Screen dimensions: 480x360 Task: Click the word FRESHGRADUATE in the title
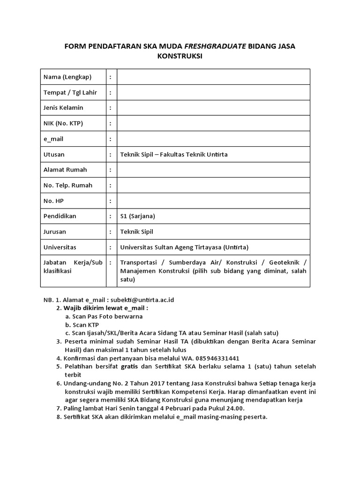pos(215,46)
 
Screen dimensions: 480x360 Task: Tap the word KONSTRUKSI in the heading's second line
pos(180,56)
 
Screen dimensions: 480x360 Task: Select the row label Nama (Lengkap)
pos(67,77)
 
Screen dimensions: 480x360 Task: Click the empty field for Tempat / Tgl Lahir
pos(213,92)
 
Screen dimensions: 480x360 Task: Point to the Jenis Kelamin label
pos(63,108)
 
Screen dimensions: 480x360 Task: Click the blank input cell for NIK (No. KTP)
pos(213,123)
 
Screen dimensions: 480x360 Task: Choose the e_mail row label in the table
pos(53,139)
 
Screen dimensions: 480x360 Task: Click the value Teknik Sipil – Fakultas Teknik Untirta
pos(174,154)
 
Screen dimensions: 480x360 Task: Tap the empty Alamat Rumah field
pos(213,170)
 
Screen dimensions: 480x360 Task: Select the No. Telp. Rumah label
pos(68,185)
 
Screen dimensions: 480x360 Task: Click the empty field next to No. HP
pos(213,201)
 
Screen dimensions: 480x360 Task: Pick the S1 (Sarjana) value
pos(137,216)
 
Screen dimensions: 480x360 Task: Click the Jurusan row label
pos(55,232)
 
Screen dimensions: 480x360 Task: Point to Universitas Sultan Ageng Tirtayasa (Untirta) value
pos(184,247)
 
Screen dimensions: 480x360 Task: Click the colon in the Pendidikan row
pos(110,216)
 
